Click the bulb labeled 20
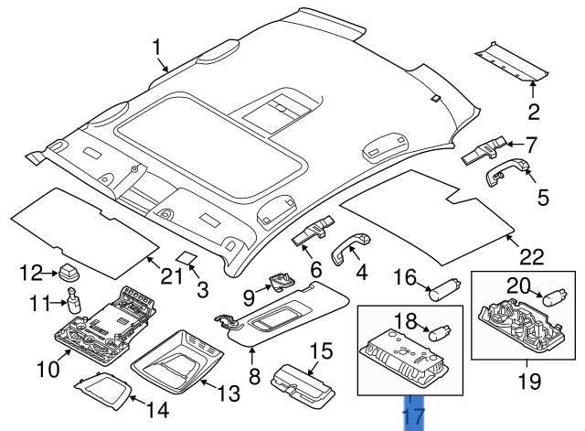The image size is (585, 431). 553,296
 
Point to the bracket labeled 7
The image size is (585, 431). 485,148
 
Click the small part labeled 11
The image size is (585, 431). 72,301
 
